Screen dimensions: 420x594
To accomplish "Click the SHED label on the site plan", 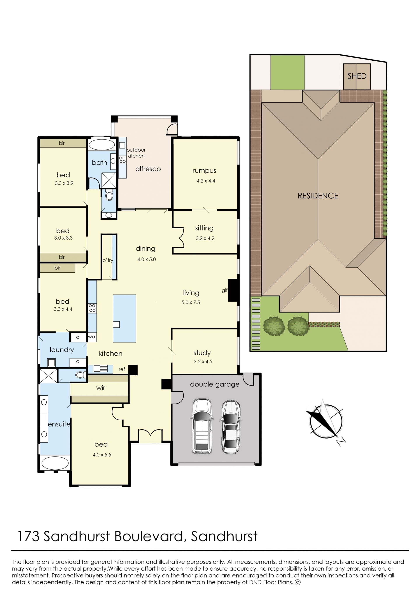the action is tap(357, 76).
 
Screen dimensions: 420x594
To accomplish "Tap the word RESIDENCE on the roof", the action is tap(318, 196).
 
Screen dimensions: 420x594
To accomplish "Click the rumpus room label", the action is tap(204, 171).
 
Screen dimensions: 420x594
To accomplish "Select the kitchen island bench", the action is tap(124, 318).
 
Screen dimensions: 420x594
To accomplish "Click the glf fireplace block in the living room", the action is tap(233, 290).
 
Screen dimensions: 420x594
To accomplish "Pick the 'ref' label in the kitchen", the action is tap(122, 369).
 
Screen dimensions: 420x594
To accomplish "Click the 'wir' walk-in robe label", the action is tap(101, 388).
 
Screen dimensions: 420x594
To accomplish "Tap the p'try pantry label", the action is tap(108, 260).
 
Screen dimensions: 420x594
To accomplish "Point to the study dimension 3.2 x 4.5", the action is tap(203, 361).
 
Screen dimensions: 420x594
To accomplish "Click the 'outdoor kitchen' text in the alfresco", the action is tap(136, 153).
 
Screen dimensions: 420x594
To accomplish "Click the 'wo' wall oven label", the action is tap(92, 337).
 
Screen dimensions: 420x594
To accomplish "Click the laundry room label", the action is tap(62, 350).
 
